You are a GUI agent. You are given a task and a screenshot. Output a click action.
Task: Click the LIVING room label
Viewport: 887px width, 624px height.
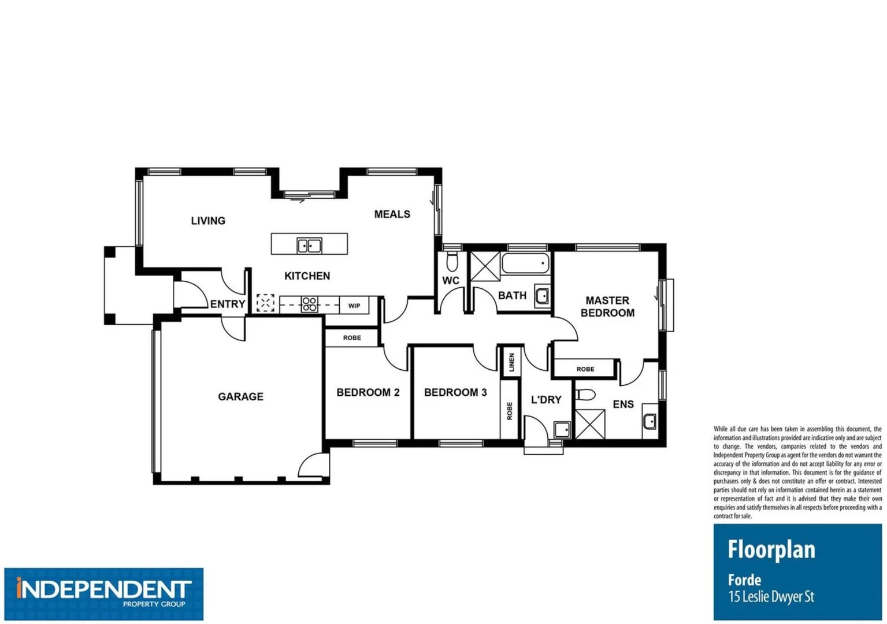click(x=208, y=221)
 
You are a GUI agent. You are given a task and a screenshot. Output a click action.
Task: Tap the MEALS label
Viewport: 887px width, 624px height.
click(x=392, y=214)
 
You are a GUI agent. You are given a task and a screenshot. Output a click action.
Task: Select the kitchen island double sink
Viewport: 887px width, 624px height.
click(x=309, y=246)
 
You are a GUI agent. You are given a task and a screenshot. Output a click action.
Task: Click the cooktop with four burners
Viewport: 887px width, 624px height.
click(x=309, y=304)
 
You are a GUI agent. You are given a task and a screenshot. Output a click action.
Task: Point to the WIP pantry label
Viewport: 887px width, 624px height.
click(x=354, y=306)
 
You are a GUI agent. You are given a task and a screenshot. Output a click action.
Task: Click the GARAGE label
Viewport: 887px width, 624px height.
click(x=240, y=396)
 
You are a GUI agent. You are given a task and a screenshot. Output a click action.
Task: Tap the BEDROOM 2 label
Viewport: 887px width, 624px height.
click(x=368, y=392)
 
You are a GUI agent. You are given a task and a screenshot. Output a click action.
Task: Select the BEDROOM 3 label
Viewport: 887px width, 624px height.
click(x=455, y=392)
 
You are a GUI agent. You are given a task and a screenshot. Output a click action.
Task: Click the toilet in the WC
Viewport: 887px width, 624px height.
click(x=452, y=261)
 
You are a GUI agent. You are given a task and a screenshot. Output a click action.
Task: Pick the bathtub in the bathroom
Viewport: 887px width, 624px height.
click(x=525, y=263)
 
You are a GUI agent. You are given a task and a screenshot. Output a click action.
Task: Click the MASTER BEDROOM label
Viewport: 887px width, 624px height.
click(x=607, y=307)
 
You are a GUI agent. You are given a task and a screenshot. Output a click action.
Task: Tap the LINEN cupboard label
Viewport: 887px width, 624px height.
click(x=511, y=362)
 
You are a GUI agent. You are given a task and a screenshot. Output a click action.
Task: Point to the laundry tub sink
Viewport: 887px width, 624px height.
click(x=562, y=429)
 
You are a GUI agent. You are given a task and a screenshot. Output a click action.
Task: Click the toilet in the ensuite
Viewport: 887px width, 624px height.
click(x=586, y=395)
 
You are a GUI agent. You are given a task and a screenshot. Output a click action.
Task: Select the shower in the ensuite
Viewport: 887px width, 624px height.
click(x=590, y=425)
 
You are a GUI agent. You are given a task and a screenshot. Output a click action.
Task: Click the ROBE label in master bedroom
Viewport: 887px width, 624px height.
click(x=585, y=369)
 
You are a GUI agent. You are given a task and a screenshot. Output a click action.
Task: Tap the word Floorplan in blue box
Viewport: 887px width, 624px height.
click(x=771, y=549)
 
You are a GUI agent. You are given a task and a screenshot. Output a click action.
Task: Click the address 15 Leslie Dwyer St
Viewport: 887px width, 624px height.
click(x=771, y=596)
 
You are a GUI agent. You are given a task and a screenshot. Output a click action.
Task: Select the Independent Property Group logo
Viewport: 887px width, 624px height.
click(x=104, y=593)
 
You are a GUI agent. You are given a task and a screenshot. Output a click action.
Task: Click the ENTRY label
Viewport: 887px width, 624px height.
click(x=227, y=304)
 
